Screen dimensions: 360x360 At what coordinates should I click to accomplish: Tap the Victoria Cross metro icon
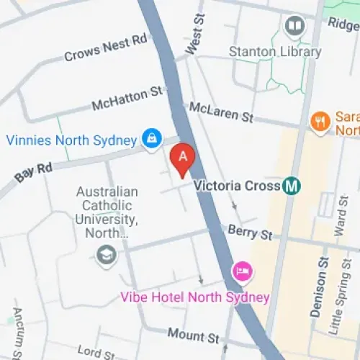point(292,186)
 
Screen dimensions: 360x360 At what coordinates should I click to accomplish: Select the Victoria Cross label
point(238,186)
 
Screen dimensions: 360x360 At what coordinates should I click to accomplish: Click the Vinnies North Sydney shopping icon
point(152,138)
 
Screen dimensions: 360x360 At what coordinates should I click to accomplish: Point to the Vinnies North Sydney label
point(71,140)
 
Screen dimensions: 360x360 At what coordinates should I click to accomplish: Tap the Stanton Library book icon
point(294,28)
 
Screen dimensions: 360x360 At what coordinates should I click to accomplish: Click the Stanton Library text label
point(274,52)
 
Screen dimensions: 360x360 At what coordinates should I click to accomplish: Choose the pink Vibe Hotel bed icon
point(242,271)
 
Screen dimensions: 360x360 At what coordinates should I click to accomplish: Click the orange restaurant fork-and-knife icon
point(320,121)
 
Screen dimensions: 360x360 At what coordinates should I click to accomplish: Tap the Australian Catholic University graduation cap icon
point(107,255)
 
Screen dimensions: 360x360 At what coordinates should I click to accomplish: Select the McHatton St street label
point(127,99)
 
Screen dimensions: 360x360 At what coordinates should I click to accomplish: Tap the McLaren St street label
point(222,112)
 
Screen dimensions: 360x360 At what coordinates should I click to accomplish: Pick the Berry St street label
point(250,232)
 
